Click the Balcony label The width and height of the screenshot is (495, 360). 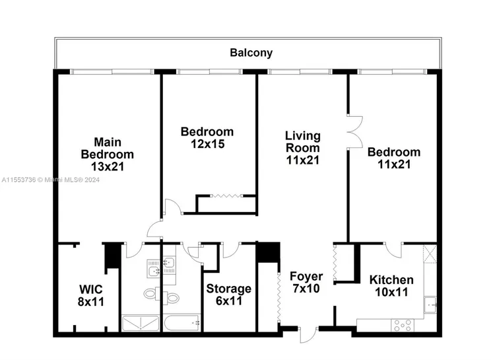(x=251, y=53)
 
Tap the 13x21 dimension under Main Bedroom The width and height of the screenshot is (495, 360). (x=108, y=166)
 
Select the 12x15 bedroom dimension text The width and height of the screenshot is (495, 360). (x=207, y=144)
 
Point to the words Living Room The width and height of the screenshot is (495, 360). (x=302, y=142)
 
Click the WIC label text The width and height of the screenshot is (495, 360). (x=91, y=289)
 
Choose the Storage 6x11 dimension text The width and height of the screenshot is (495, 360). (x=229, y=301)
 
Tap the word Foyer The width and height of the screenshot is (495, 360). (x=306, y=277)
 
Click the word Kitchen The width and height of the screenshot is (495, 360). (x=391, y=280)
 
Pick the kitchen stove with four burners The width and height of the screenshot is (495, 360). (x=403, y=325)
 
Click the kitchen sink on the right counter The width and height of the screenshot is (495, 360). (x=430, y=305)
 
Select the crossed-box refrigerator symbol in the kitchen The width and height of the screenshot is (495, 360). (x=430, y=254)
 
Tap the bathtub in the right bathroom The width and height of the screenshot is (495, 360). (x=182, y=323)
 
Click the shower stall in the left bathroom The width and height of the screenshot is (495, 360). (x=141, y=323)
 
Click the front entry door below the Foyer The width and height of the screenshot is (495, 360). (x=308, y=336)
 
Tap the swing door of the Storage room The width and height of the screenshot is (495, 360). (x=232, y=250)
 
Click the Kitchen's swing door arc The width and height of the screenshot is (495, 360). (x=393, y=250)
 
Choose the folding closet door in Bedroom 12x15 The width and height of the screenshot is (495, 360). (x=226, y=196)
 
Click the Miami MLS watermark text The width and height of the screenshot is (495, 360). (x=51, y=180)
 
